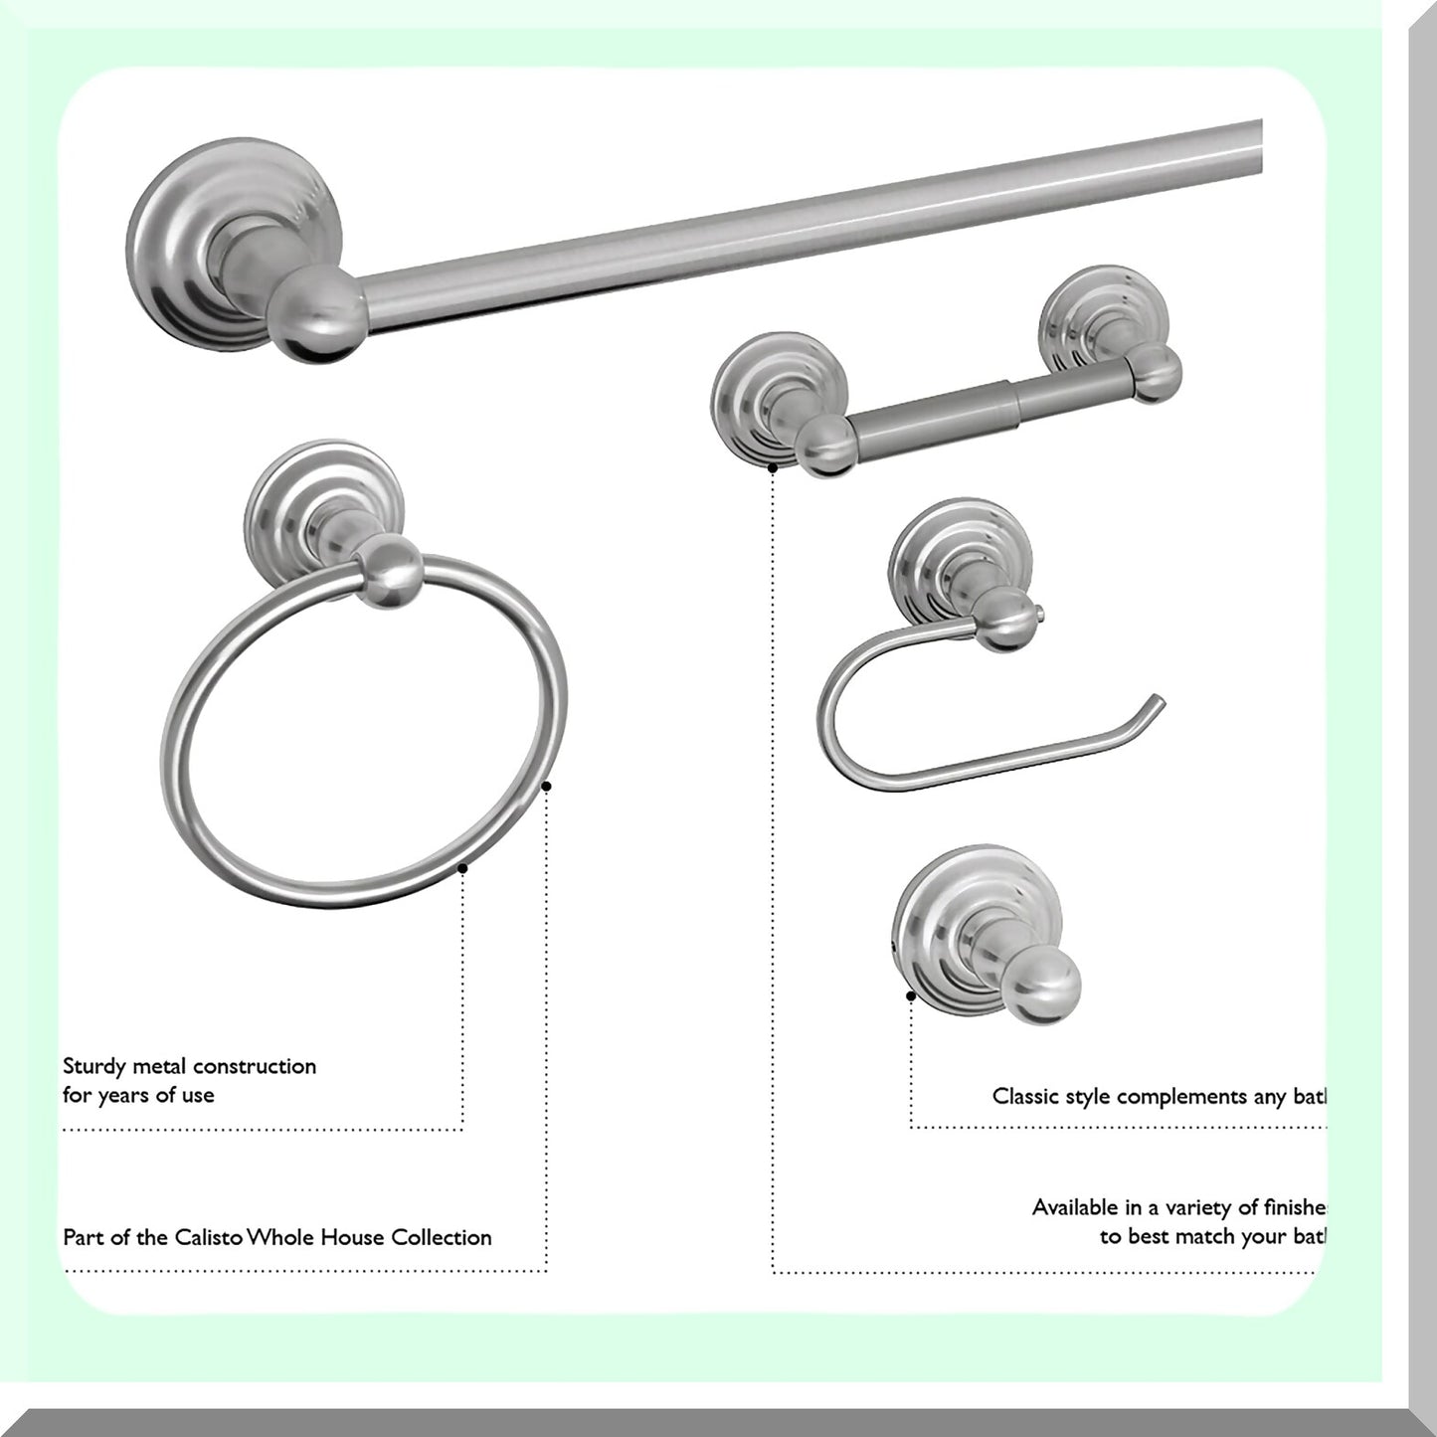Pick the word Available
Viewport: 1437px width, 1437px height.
pyautogui.click(x=1073, y=1207)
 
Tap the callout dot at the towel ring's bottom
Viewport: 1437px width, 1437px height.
pyautogui.click(x=462, y=868)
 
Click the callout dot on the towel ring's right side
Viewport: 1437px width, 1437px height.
pyautogui.click(x=546, y=787)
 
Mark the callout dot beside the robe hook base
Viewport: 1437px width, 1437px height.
pyautogui.click(x=910, y=994)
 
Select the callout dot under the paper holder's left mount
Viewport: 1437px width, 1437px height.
pyautogui.click(x=773, y=466)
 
